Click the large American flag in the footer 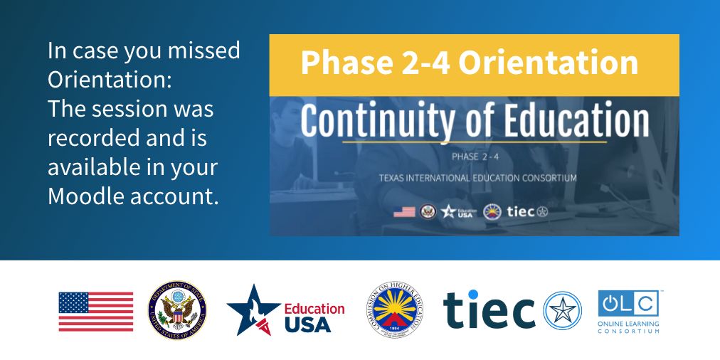pyautogui.click(x=95, y=312)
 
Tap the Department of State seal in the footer pyautogui.click(x=177, y=311)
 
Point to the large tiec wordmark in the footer pyautogui.click(x=489, y=310)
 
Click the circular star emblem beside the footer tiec pyautogui.click(x=562, y=311)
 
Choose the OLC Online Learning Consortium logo pyautogui.click(x=628, y=311)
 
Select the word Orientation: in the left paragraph pyautogui.click(x=110, y=80)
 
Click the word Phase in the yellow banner pyautogui.click(x=342, y=63)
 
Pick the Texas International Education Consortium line pyautogui.click(x=474, y=177)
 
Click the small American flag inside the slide pyautogui.click(x=404, y=211)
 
